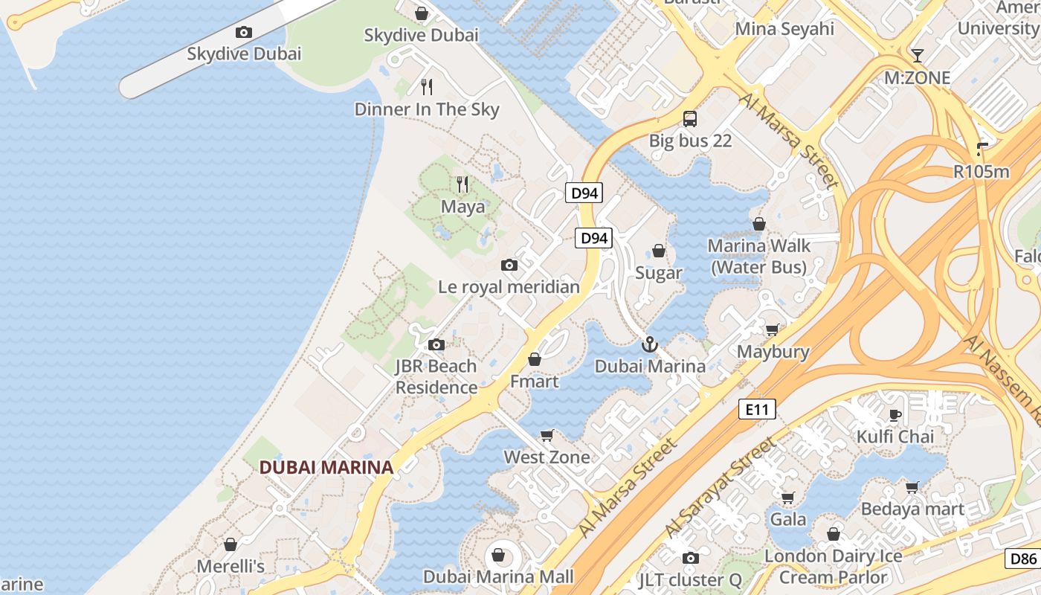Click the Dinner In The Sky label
tap(427, 109)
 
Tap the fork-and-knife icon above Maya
tap(463, 183)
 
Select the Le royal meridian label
tap(509, 286)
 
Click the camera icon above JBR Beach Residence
tap(436, 344)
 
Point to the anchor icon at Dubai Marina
tap(650, 344)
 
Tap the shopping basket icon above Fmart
tap(534, 360)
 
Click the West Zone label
tap(547, 457)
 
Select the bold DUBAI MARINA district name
tap(326, 467)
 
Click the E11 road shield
tap(757, 408)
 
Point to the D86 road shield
tap(1022, 559)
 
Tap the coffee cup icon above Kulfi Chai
tap(895, 414)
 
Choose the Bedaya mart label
tap(912, 509)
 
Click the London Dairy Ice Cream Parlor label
tap(834, 566)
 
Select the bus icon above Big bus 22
tap(690, 118)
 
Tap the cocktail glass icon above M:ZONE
tap(917, 55)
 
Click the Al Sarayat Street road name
tap(721, 488)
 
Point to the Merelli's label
tap(231, 566)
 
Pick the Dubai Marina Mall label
tap(498, 576)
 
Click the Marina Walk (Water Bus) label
tap(758, 256)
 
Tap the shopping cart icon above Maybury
tap(773, 329)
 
